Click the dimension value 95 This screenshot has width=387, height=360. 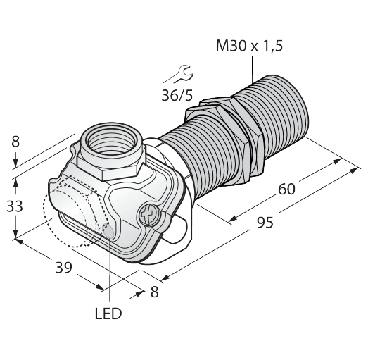[x=264, y=223]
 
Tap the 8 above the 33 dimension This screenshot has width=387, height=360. [x=16, y=143]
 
